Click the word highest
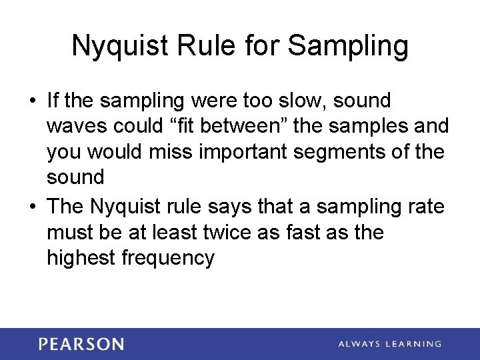pos(81,257)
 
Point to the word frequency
pos(168,257)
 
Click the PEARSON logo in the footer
pos(81,344)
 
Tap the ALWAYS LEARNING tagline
pos(389,344)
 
